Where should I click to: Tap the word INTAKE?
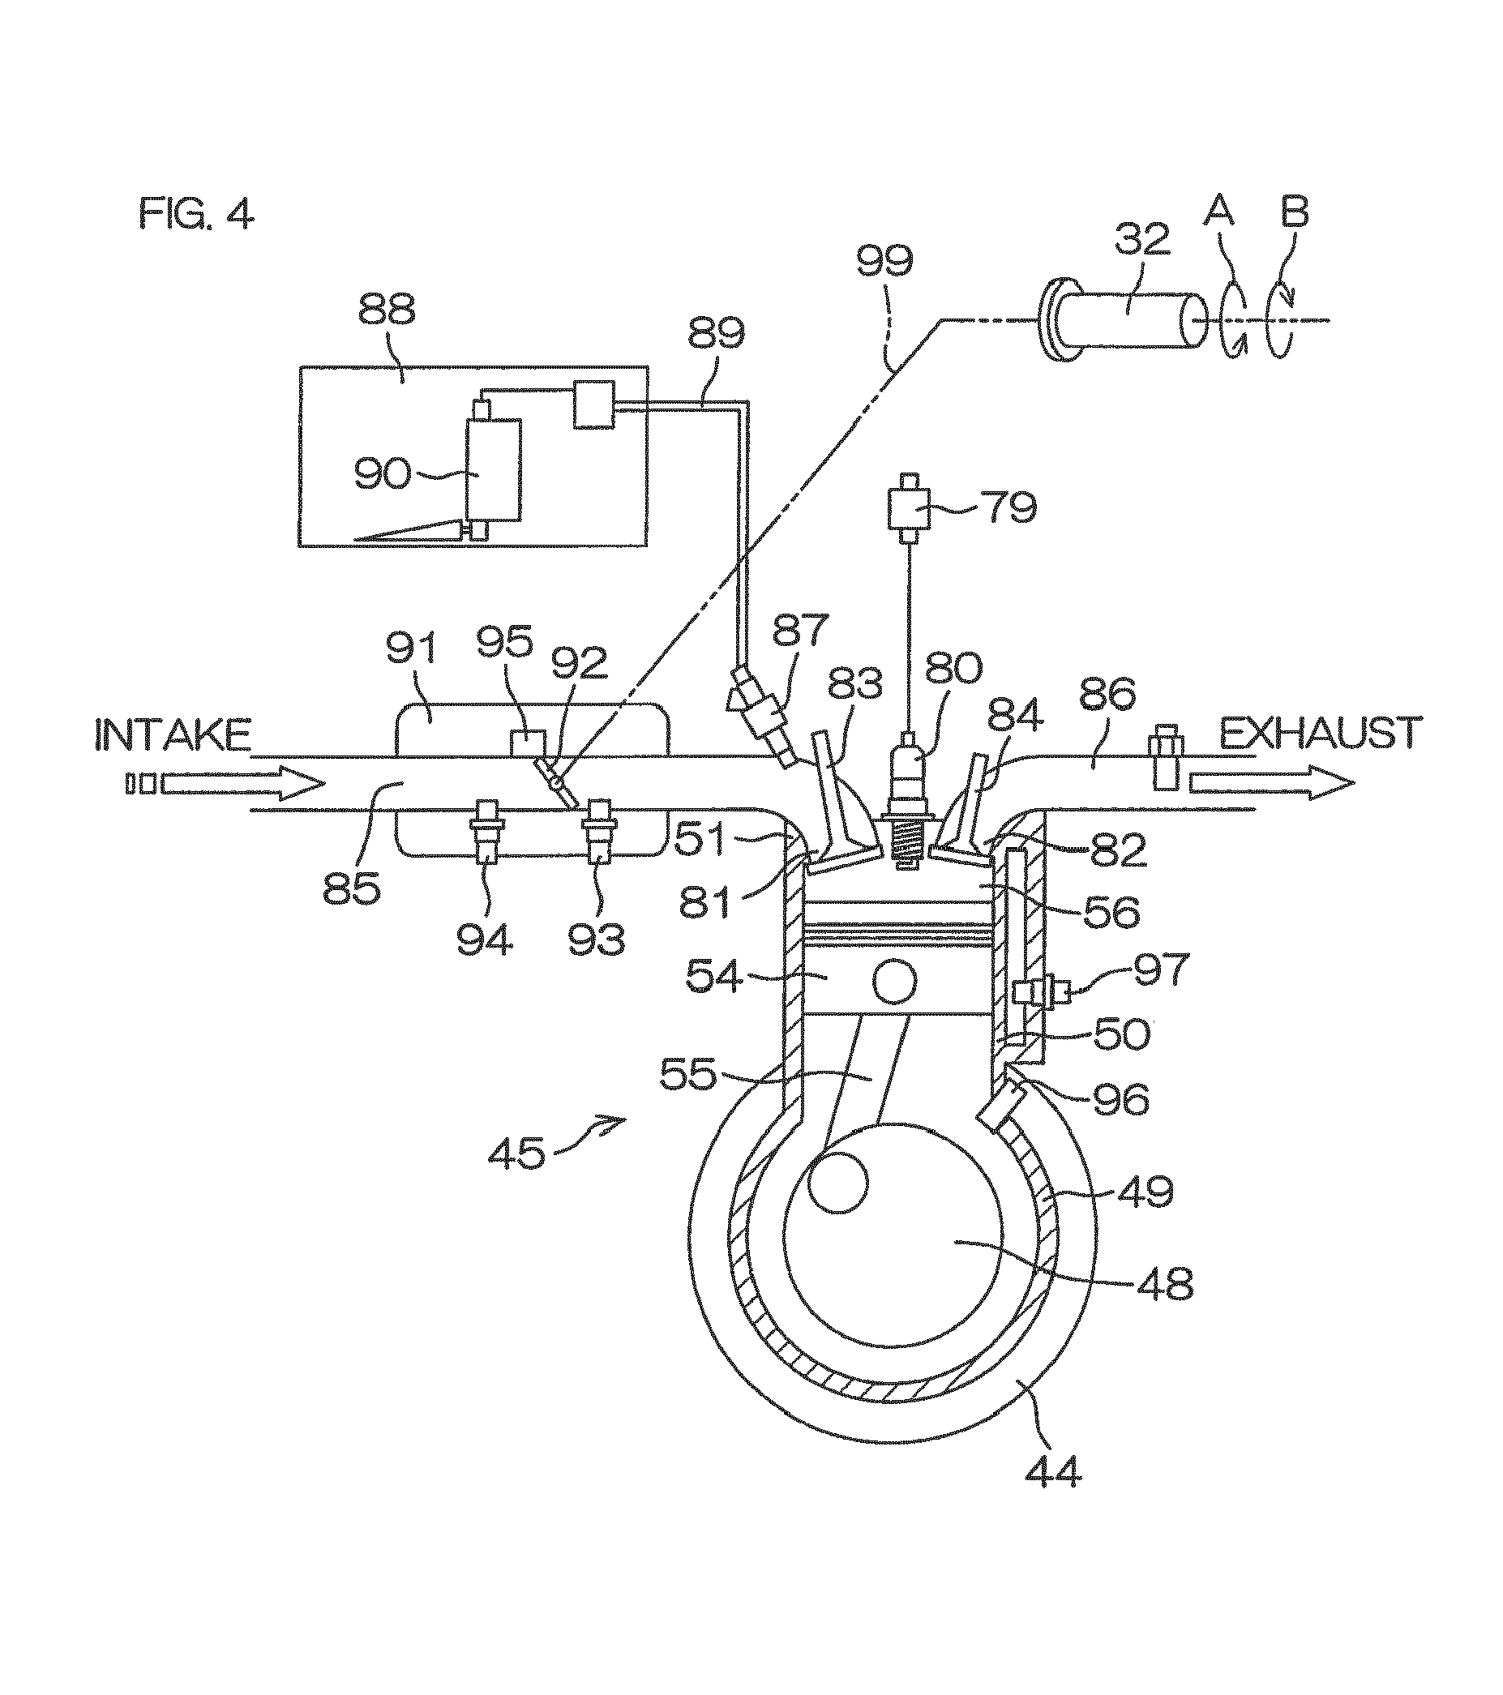[x=173, y=734]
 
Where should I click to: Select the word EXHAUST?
[x=1321, y=733]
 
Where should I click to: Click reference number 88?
[x=387, y=311]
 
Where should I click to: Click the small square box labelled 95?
[x=527, y=742]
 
